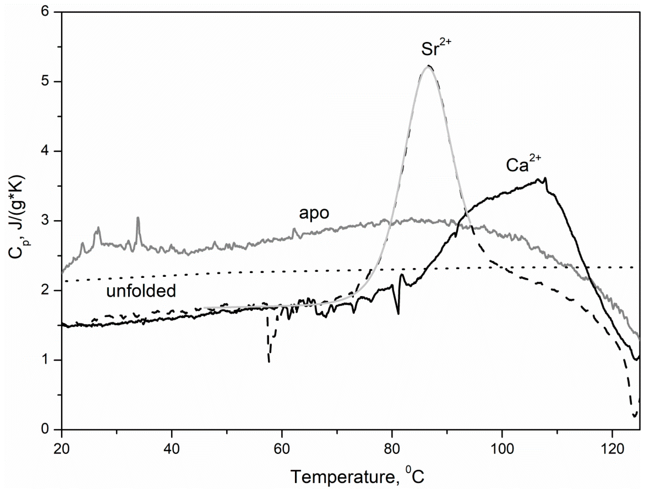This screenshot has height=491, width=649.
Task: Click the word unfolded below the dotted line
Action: pos(141,291)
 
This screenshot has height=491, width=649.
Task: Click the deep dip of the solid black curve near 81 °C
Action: pos(398,314)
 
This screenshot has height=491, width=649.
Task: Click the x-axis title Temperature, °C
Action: pos(357,476)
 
